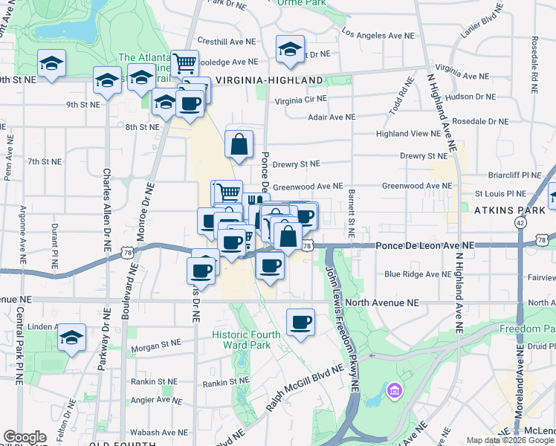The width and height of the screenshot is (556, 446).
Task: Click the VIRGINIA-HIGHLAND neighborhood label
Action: point(268,80)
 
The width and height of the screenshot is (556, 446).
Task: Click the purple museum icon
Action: point(395,390)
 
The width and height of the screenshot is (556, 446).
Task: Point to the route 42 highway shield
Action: point(520,222)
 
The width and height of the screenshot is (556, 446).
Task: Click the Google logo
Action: point(25,437)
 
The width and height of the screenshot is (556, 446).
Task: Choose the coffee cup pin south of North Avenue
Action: point(300,323)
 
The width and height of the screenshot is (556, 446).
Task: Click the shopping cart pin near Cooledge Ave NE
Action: point(184,63)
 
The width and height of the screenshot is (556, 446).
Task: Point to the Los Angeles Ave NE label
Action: point(378,35)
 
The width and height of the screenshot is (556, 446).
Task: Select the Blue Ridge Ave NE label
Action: point(418,274)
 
